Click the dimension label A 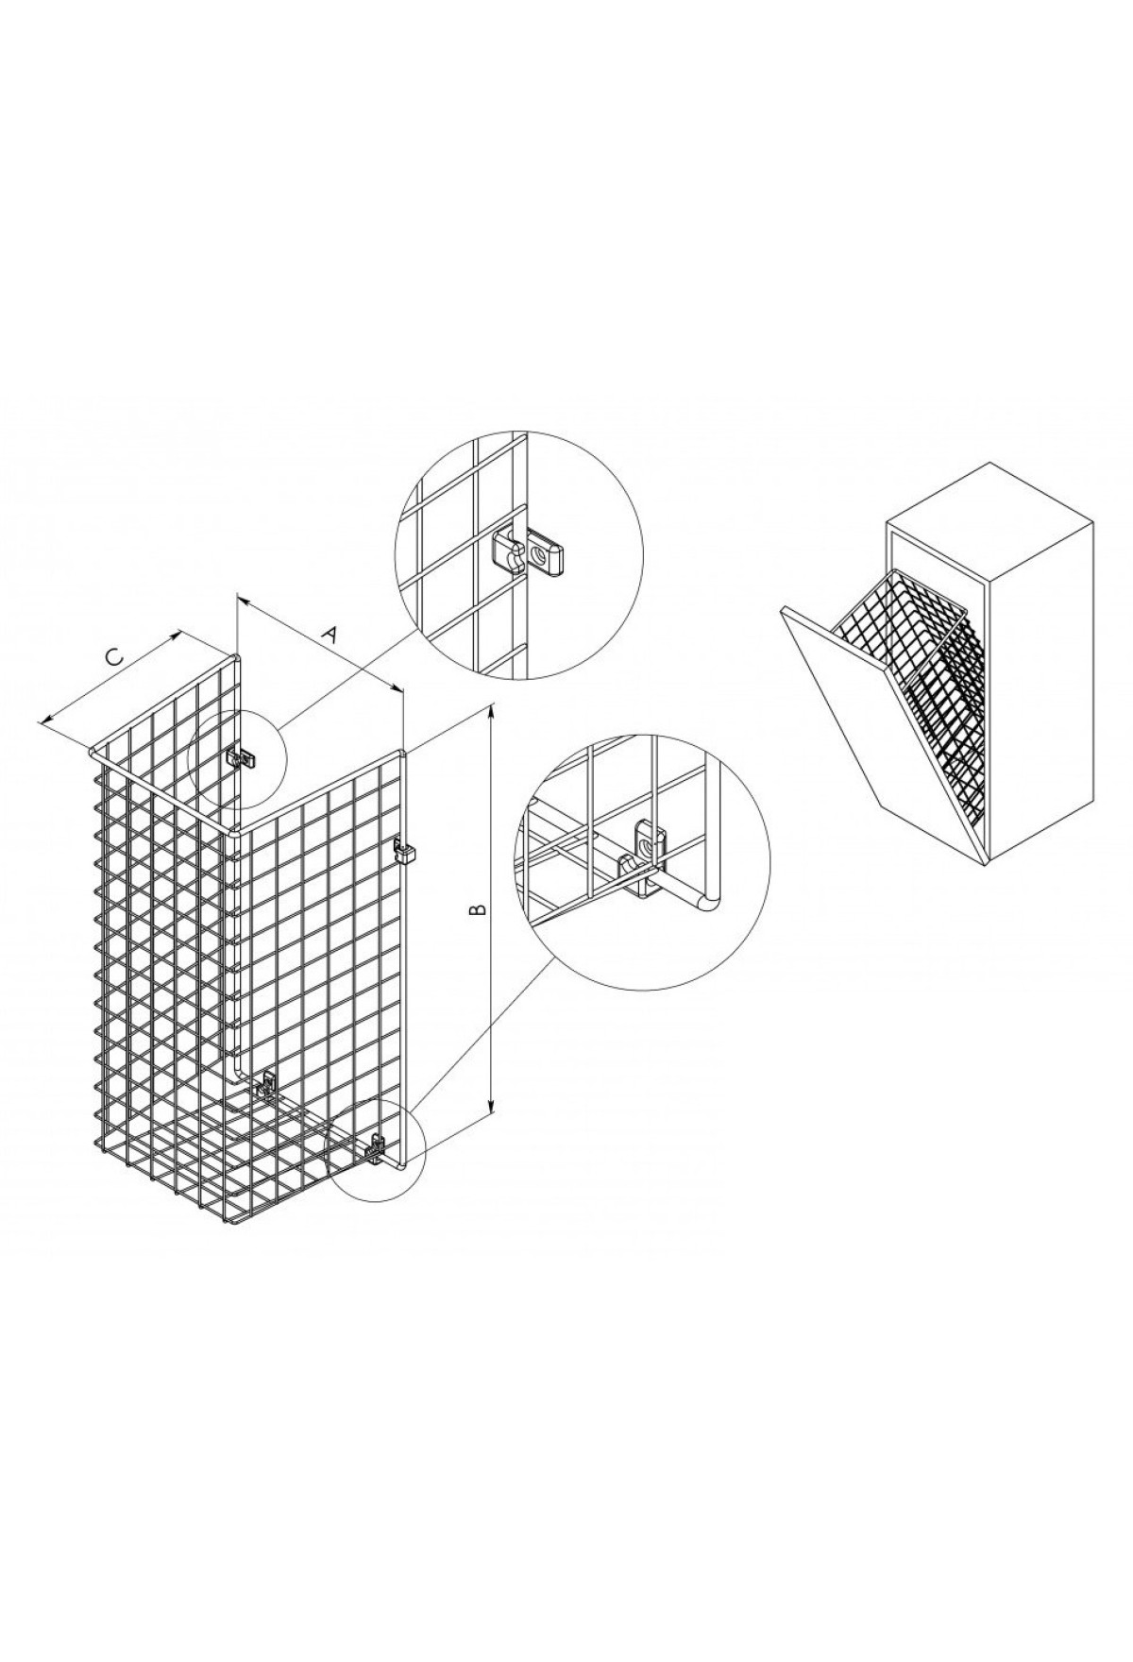329,634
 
